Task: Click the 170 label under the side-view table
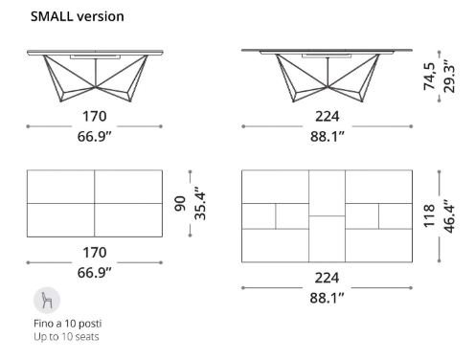[x=94, y=117]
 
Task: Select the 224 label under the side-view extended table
[x=328, y=117]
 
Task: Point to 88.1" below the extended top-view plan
[x=328, y=297]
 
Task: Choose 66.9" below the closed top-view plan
[x=94, y=274]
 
